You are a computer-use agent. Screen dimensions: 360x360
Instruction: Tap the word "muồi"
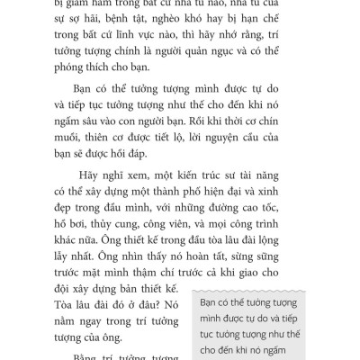point(97,165)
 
